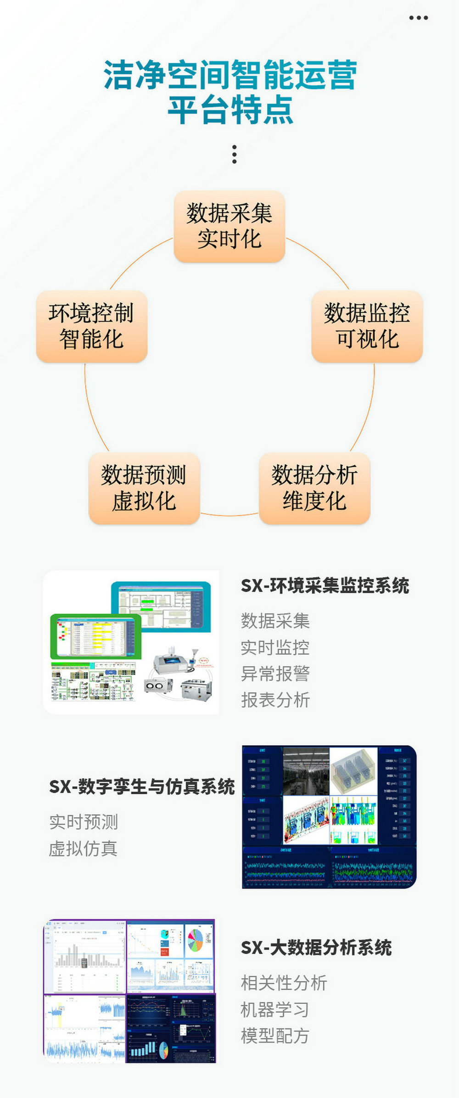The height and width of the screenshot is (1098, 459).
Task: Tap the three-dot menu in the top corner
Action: click(x=418, y=18)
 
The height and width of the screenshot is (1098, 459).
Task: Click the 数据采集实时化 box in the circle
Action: click(x=229, y=227)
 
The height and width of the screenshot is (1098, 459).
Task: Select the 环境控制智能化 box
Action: click(x=91, y=326)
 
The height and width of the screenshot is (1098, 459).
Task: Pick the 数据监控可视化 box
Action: click(x=367, y=326)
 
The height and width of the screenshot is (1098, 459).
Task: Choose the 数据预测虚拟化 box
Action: click(x=144, y=488)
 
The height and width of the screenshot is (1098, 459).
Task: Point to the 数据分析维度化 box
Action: click(x=314, y=488)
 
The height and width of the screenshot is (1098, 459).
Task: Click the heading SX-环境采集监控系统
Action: click(x=325, y=586)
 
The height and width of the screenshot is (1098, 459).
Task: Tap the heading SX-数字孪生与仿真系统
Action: click(x=142, y=786)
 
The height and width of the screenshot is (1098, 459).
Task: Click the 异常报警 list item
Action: click(x=275, y=674)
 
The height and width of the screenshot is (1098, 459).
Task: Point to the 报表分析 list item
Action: click(x=275, y=700)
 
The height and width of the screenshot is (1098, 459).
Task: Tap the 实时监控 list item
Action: click(x=275, y=647)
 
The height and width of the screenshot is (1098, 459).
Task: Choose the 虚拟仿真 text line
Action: click(x=83, y=848)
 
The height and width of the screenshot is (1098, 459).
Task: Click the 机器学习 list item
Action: click(x=274, y=1009)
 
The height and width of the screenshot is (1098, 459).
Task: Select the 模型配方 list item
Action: click(x=274, y=1036)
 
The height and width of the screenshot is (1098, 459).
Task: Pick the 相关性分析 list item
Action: click(x=284, y=983)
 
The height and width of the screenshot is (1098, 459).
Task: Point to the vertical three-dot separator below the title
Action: click(x=235, y=155)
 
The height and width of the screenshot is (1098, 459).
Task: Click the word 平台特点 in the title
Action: click(x=230, y=110)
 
